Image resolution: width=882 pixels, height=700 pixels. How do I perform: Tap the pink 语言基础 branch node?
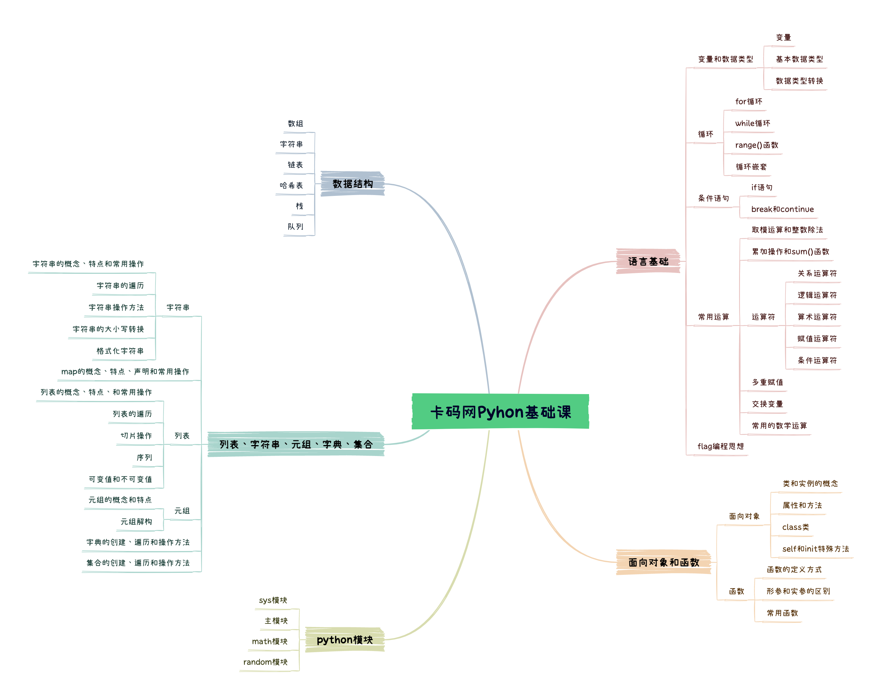[x=648, y=261]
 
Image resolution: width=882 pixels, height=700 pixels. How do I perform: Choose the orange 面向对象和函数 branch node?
[x=664, y=562]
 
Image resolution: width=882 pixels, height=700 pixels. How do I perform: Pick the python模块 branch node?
[x=344, y=640]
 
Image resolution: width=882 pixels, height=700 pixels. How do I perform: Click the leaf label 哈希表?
[x=291, y=185]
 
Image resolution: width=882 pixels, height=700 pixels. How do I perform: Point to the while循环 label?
[x=752, y=123]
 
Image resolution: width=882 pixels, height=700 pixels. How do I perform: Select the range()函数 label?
[x=756, y=145]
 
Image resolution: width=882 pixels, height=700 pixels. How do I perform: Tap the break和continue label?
[x=782, y=209]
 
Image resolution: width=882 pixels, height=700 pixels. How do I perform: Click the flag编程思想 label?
[x=720, y=446]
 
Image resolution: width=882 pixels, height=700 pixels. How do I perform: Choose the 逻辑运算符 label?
[x=817, y=295]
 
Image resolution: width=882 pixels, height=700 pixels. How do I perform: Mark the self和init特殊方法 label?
[x=815, y=548]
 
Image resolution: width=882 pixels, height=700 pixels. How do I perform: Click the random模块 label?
[x=265, y=662]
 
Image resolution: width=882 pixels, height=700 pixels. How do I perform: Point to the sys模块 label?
[x=273, y=600]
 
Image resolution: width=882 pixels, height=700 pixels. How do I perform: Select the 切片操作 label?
[x=136, y=436]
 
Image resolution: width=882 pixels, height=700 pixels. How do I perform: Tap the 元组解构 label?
[x=136, y=522]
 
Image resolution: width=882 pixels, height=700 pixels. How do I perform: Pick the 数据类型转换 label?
[x=799, y=80]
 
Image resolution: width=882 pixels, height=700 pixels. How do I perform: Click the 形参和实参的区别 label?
[x=798, y=591]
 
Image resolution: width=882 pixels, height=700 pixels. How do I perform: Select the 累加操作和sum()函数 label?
[x=790, y=251]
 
